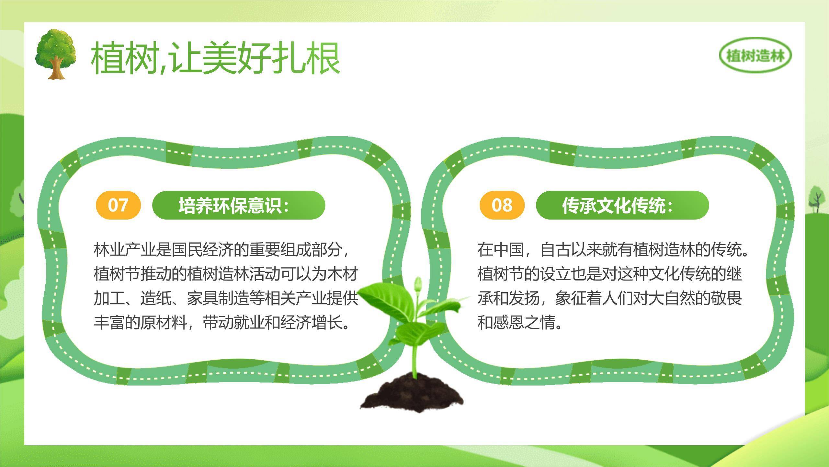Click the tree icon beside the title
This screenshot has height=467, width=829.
[x=56, y=54]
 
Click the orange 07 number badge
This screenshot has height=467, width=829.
[x=118, y=205]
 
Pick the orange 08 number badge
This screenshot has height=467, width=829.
[x=502, y=205]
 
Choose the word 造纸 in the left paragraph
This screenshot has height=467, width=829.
[x=155, y=298]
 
